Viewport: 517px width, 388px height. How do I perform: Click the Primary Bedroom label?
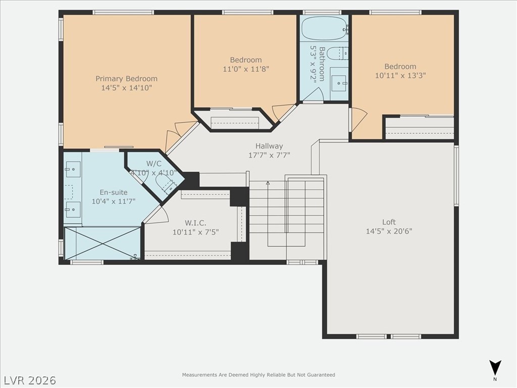[x=126, y=78]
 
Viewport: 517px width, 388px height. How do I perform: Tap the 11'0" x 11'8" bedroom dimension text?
[x=245, y=69]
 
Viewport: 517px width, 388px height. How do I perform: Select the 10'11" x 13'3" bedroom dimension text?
[x=400, y=76]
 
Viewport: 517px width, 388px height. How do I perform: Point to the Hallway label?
[x=269, y=146]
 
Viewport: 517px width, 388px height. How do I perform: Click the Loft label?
[x=389, y=222]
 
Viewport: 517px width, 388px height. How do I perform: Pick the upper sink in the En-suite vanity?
[x=73, y=167]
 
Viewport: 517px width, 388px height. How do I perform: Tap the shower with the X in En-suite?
[x=102, y=244]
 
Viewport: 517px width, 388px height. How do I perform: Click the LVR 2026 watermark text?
[x=30, y=379]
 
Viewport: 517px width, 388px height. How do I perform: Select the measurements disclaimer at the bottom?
[x=258, y=375]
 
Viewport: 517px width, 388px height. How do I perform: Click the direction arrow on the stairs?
[x=268, y=183]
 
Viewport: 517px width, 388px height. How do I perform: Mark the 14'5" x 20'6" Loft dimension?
[x=389, y=231]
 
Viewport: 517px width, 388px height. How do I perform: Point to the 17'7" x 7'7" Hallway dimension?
[x=269, y=155]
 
